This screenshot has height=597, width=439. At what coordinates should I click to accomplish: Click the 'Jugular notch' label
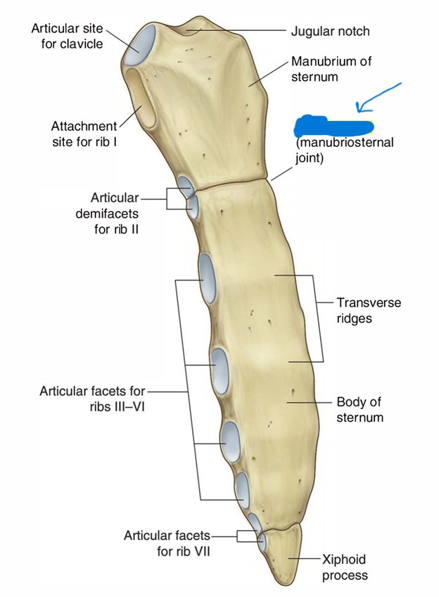coord(329,31)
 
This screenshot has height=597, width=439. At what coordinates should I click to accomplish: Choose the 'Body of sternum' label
coord(359,410)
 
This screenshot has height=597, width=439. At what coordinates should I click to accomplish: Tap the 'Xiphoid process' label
coord(344,567)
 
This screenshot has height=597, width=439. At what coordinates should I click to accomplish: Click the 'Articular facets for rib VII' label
coord(167,542)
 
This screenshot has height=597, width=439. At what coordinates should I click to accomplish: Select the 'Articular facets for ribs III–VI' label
coord(91,397)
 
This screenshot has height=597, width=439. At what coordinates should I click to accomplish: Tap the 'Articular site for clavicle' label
coord(67,36)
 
